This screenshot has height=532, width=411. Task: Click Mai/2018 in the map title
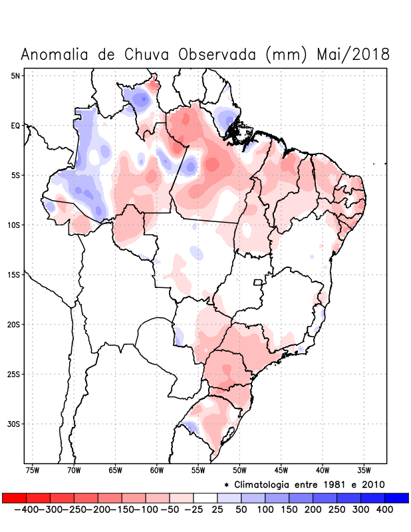(x=353, y=55)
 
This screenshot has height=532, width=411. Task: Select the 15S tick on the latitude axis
(x=14, y=275)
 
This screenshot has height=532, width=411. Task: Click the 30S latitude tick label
(x=14, y=424)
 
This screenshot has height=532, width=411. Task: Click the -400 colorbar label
(x=26, y=509)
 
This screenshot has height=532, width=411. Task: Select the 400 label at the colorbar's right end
(x=384, y=509)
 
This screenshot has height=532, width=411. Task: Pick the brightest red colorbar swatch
(x=14, y=498)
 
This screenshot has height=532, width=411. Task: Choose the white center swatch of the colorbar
(x=205, y=498)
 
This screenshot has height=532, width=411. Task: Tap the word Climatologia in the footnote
(x=266, y=484)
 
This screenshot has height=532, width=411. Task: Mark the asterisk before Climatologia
(x=226, y=485)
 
